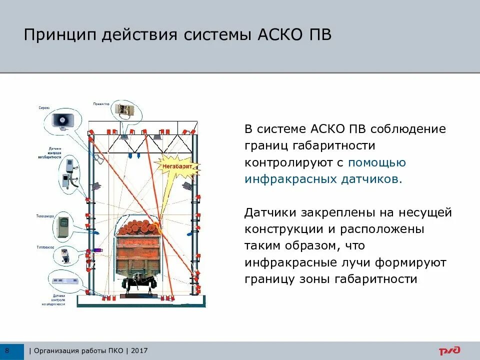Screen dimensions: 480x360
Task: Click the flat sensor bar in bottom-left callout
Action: (x=63, y=279)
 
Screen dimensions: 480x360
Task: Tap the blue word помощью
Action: (x=377, y=162)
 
